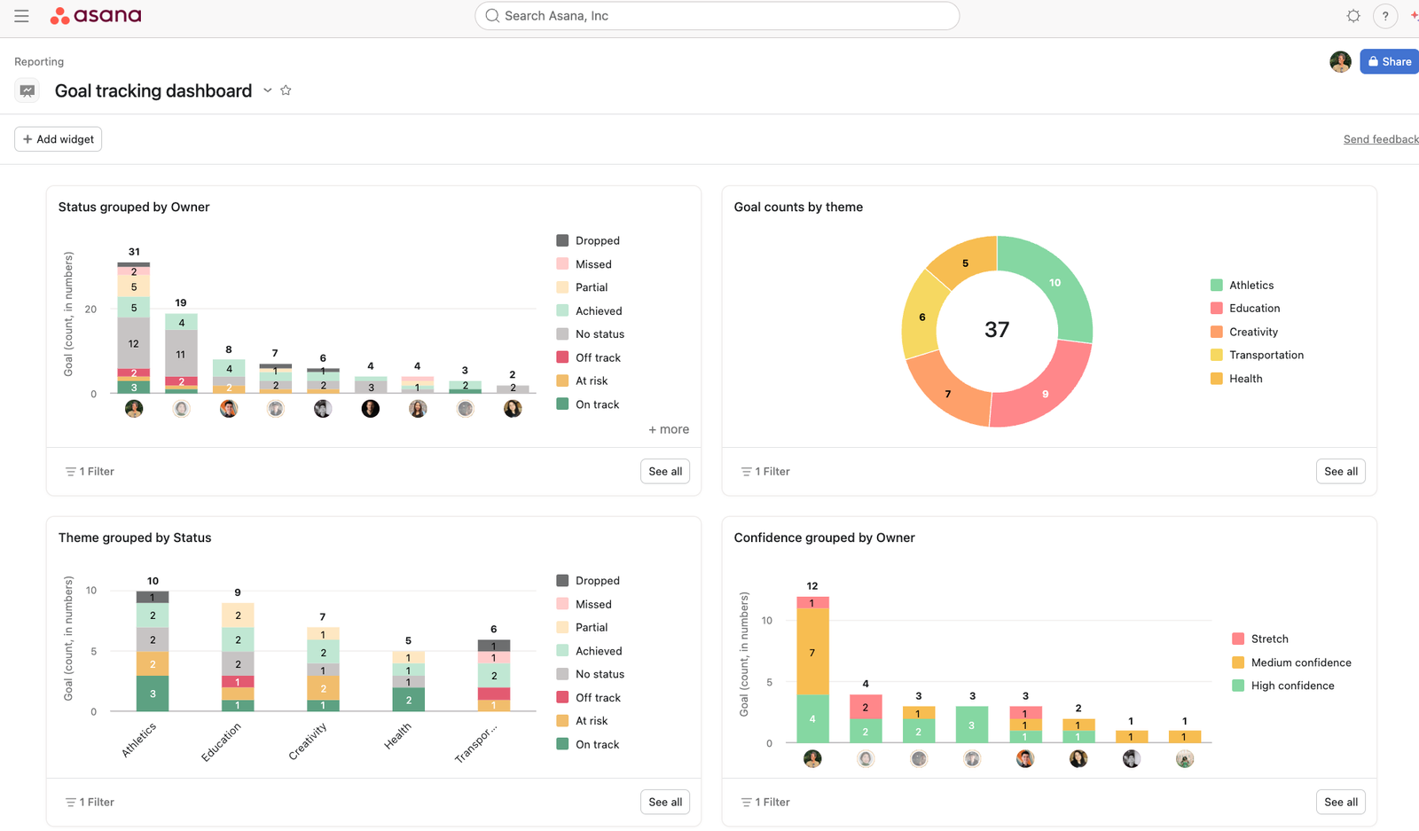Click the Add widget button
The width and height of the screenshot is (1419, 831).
pyautogui.click(x=59, y=139)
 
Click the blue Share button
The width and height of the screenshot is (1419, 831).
pyautogui.click(x=1389, y=61)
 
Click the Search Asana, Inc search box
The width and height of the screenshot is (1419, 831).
pyautogui.click(x=717, y=16)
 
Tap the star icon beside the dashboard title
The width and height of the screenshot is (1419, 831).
pyautogui.click(x=286, y=90)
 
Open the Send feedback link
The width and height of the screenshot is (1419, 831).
pyautogui.click(x=1380, y=139)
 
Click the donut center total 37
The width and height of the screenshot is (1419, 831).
pyautogui.click(x=997, y=330)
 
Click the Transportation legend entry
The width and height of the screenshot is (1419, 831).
pyautogui.click(x=1266, y=355)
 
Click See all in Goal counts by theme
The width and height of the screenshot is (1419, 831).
pyautogui.click(x=1340, y=472)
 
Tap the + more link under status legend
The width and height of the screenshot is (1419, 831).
pyautogui.click(x=669, y=429)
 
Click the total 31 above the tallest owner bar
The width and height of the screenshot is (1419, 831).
pyautogui.click(x=134, y=252)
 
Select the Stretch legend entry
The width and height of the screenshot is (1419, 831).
pyautogui.click(x=1269, y=639)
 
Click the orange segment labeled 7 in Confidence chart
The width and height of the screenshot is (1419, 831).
pyautogui.click(x=812, y=653)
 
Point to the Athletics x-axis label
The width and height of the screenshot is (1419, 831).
pyautogui.click(x=139, y=739)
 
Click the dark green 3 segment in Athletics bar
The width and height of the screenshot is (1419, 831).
pyautogui.click(x=153, y=694)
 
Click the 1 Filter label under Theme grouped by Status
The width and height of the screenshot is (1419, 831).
pyautogui.click(x=90, y=802)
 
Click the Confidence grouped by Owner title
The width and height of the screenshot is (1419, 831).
pyautogui.click(x=824, y=537)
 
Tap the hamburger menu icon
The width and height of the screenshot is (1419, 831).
pyautogui.click(x=21, y=16)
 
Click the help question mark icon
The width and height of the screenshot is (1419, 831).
pyautogui.click(x=1384, y=16)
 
